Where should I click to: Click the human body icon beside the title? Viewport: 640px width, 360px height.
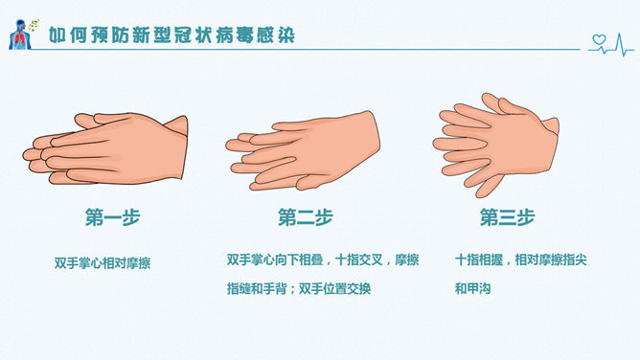click(x=19, y=34)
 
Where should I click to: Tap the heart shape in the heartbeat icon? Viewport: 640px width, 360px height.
click(x=599, y=39)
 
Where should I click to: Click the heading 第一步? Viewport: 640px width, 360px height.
click(x=113, y=217)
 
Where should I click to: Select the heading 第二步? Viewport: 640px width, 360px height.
click(x=306, y=217)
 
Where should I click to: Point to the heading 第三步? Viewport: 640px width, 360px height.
click(x=507, y=217)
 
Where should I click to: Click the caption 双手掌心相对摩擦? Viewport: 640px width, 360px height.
click(x=103, y=263)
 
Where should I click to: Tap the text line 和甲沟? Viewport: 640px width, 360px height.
click(x=472, y=288)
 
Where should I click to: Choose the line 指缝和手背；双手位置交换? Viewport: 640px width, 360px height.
click(x=299, y=288)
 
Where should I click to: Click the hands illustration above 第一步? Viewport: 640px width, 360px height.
click(x=105, y=148)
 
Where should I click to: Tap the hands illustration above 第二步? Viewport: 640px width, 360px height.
click(x=303, y=151)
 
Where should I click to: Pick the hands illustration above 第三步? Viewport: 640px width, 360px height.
click(x=496, y=145)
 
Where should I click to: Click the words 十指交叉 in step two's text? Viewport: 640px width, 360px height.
click(x=358, y=259)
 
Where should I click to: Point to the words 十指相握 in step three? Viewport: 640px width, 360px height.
click(x=479, y=259)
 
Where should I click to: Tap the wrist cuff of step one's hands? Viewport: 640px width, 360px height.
click(x=177, y=125)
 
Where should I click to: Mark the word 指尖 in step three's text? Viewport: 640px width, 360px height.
click(x=575, y=259)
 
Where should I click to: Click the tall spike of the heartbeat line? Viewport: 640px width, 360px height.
click(x=620, y=44)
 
